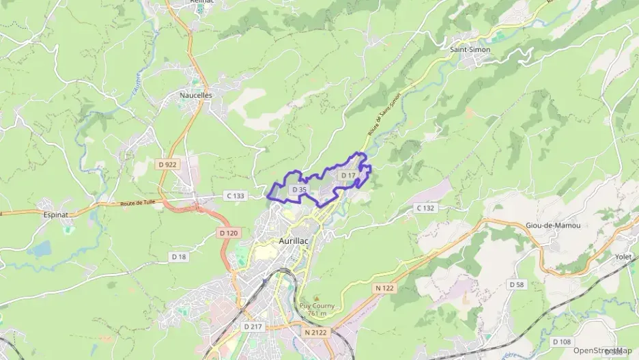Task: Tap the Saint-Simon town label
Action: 470,50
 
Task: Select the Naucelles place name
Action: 196,96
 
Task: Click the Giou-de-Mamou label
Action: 553,225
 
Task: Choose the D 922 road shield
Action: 167,165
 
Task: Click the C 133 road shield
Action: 235,196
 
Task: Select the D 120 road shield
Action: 229,233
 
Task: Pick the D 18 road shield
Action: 178,256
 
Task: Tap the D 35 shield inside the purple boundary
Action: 299,189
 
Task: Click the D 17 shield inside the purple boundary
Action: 347,176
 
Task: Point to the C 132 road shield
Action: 425,208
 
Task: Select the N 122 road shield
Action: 384,288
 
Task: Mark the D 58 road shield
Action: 517,284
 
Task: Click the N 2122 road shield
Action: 316,332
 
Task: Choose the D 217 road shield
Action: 253,327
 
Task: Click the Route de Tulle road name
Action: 138,203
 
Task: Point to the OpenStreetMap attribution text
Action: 602,350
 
